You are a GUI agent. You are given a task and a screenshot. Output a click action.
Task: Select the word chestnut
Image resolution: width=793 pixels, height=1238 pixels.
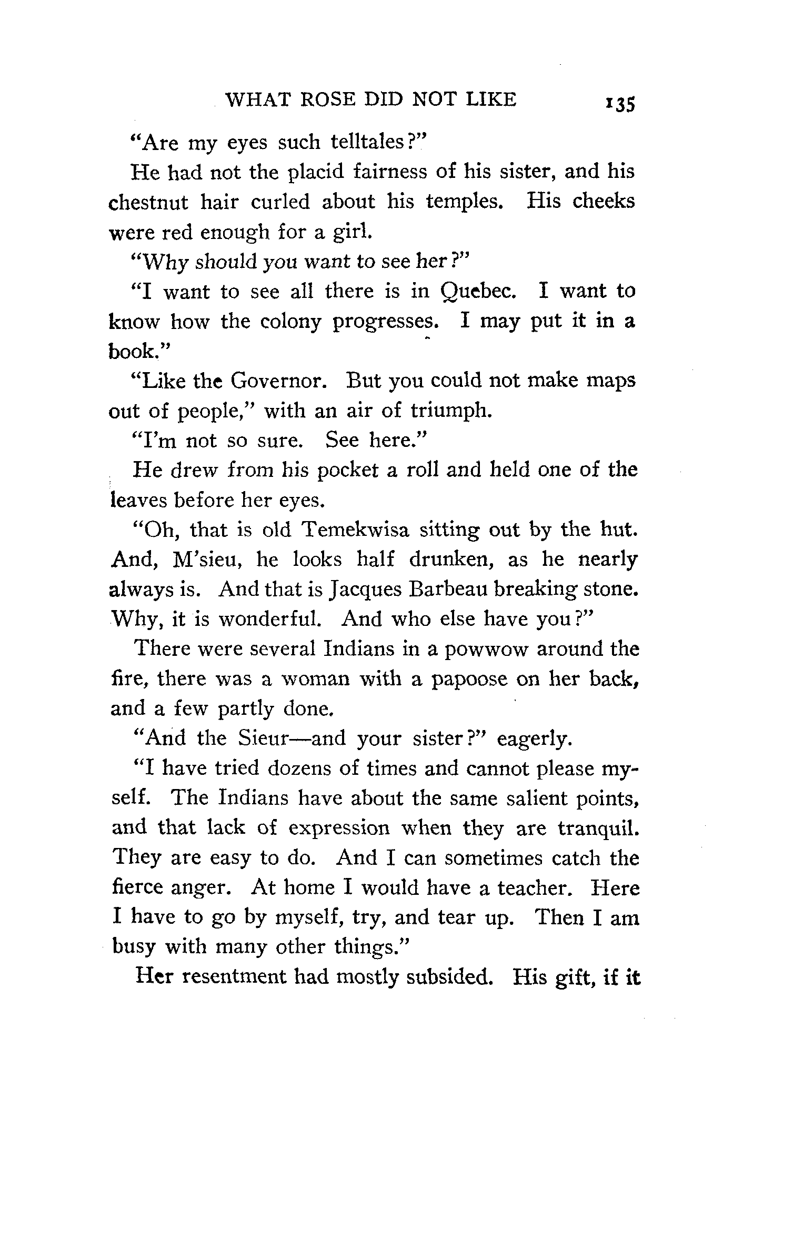(x=148, y=202)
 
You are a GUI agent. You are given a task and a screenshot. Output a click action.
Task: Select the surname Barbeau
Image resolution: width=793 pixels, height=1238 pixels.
(x=448, y=590)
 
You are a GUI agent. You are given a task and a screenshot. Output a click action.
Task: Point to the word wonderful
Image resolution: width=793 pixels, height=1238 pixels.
(x=269, y=620)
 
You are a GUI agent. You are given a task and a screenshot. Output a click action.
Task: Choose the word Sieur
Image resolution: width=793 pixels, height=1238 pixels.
(x=262, y=738)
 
